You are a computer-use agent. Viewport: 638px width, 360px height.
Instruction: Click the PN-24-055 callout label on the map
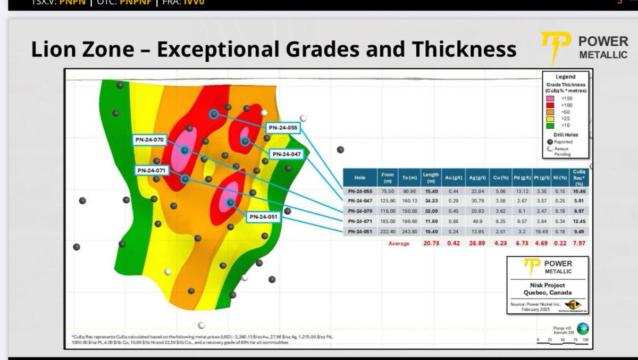(283, 128)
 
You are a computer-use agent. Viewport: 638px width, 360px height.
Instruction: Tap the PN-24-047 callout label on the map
(287, 154)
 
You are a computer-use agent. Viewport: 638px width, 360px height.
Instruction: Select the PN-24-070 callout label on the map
(149, 140)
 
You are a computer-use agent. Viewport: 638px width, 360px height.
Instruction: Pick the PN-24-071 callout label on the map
(152, 171)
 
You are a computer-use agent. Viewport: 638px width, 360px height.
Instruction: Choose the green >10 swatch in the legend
(551, 125)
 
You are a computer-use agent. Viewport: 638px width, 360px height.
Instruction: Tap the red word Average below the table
(398, 244)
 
